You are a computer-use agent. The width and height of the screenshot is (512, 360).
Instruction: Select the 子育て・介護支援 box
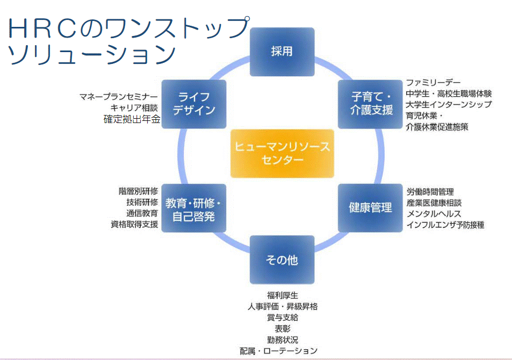pyautogui.click(x=372, y=104)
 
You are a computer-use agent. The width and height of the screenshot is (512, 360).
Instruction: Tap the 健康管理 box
pyautogui.click(x=370, y=207)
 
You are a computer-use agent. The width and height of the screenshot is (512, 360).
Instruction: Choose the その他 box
pyautogui.click(x=282, y=260)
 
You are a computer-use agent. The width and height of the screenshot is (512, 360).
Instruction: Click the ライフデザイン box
pyautogui.click(x=194, y=104)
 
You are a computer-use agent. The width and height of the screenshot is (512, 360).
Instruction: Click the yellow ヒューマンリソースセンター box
pyautogui.click(x=282, y=153)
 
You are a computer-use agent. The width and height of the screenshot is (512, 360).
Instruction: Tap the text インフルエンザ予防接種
pyautogui.click(x=445, y=225)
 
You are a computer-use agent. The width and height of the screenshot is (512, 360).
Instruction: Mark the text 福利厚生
pyautogui.click(x=282, y=295)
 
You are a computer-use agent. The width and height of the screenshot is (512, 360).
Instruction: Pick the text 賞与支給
pyautogui.click(x=282, y=318)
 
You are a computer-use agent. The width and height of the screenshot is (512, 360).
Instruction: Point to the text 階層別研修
pyautogui.click(x=138, y=191)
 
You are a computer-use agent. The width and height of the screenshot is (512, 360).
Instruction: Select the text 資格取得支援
pyautogui.click(x=134, y=225)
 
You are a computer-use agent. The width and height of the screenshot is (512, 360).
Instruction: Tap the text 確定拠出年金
pyautogui.click(x=132, y=120)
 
